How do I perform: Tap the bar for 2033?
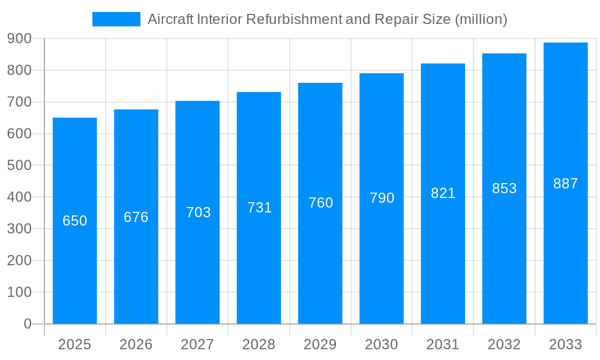(x=565, y=252)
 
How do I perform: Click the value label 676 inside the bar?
(x=136, y=217)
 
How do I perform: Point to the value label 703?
(x=198, y=212)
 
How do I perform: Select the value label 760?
(x=320, y=203)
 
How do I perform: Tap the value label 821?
(x=443, y=193)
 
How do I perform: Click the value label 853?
(x=504, y=188)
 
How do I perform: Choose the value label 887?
(x=565, y=184)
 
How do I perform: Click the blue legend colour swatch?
(x=116, y=19)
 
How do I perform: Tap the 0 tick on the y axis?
(x=27, y=324)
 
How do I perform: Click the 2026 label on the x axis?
(x=136, y=344)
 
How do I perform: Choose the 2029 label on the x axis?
(x=320, y=344)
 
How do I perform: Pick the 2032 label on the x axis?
(x=504, y=344)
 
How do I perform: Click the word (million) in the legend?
(x=481, y=19)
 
